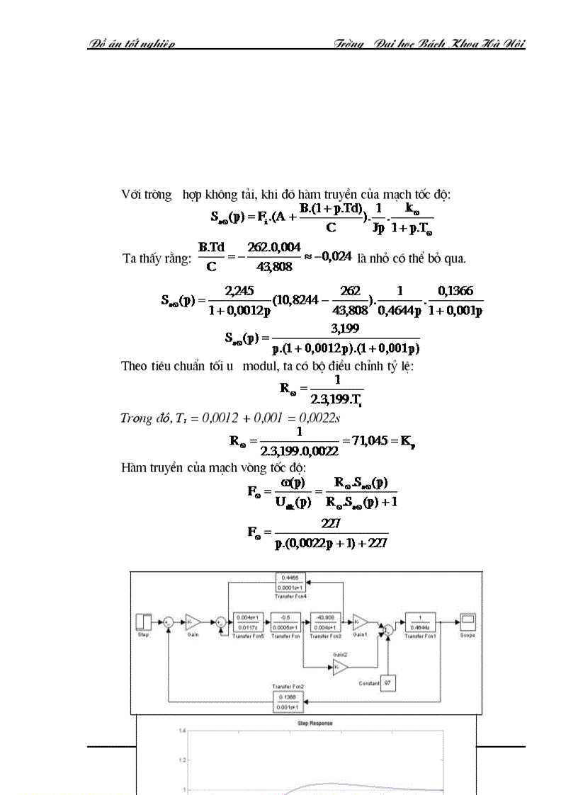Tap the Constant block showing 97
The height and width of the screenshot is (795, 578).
(x=387, y=683)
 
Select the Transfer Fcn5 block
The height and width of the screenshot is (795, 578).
(x=248, y=621)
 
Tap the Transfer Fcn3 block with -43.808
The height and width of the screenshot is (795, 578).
(x=325, y=621)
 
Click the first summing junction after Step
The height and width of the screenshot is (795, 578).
(x=169, y=622)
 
